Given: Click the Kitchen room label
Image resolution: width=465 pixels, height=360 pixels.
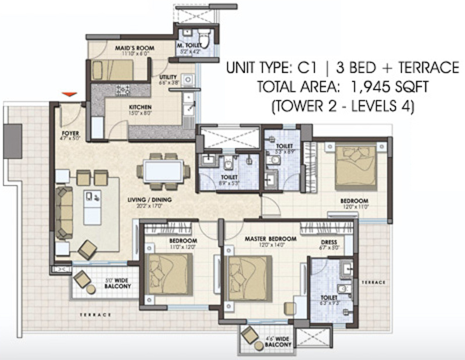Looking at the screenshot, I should tap(140, 108).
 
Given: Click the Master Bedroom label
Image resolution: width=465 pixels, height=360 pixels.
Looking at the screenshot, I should tap(270, 239).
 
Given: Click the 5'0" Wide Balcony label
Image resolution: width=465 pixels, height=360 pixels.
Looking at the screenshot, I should tap(118, 284).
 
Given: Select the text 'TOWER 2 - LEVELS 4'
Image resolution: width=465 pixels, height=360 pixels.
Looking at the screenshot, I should tap(344, 107).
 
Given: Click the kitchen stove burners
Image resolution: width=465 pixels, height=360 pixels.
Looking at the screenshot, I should tap(123, 89).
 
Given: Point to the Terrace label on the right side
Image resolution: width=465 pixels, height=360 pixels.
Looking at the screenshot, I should tap(373, 281).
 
